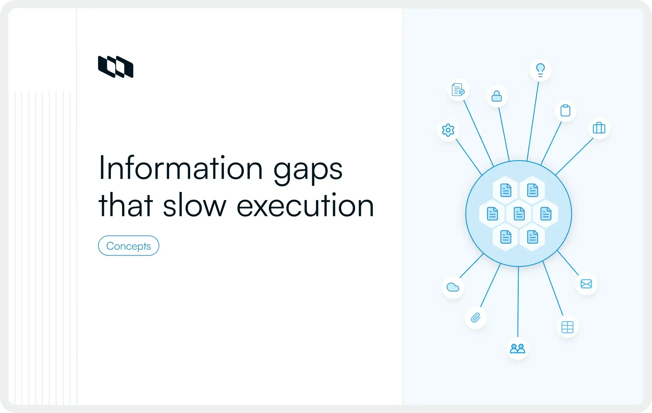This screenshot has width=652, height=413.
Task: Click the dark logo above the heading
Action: pos(116,67)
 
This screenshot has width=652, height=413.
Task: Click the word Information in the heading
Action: pos(180,168)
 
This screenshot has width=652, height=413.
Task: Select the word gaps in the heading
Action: pos(308,169)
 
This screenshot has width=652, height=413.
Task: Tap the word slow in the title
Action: pos(194,205)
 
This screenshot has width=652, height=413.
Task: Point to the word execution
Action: pos(305,205)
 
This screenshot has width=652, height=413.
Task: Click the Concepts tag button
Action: pos(129,246)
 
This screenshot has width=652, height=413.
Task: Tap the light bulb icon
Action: pos(540,70)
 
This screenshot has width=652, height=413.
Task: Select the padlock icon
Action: pos(496,96)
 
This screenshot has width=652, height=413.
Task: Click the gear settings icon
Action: pos(448,130)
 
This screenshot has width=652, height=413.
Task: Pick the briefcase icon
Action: pos(599,128)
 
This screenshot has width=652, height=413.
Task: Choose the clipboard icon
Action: pos(565,110)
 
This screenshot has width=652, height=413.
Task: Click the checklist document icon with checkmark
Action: pos(458,90)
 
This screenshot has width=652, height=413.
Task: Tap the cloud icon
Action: pos(453,287)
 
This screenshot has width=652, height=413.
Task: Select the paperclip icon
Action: pos(476,318)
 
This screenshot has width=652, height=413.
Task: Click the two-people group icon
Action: pos(517,348)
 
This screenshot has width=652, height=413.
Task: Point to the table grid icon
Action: pos(567,327)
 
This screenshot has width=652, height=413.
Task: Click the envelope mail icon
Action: pos(586,284)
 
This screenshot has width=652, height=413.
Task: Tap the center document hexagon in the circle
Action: pos(519,214)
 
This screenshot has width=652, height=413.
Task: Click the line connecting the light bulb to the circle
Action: pos(533,118)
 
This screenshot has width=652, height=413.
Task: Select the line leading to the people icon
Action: pos(518,301)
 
